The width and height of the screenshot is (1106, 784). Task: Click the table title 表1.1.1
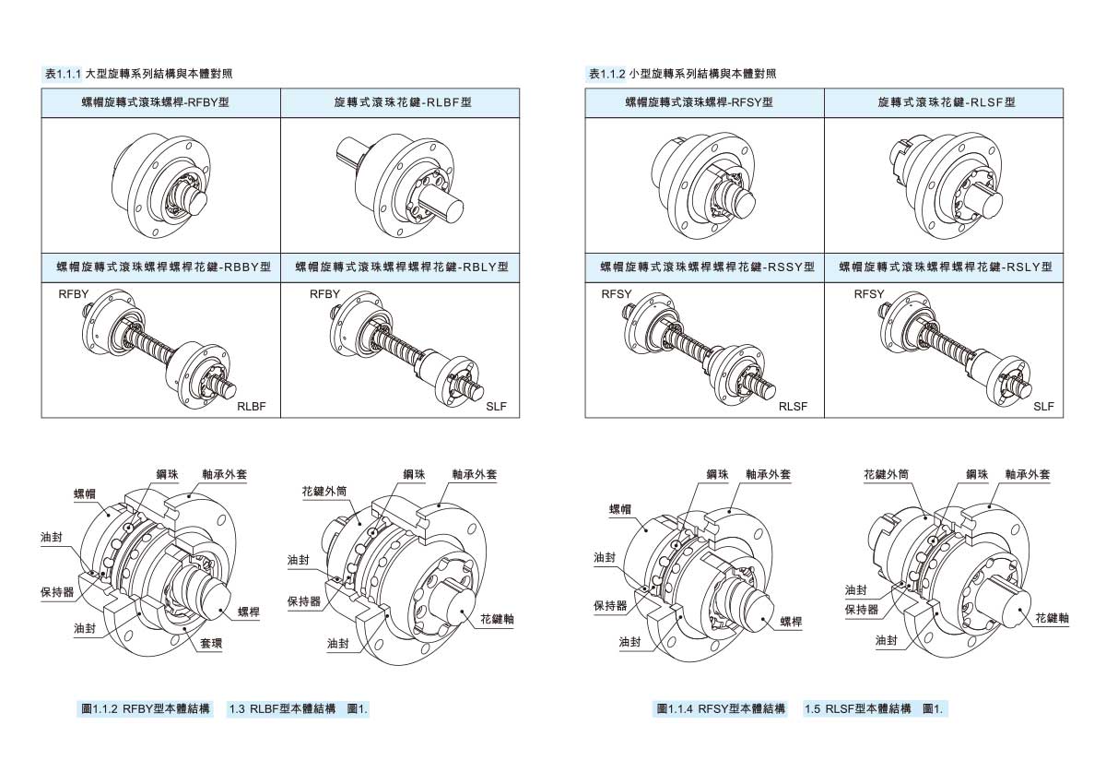tap(63, 74)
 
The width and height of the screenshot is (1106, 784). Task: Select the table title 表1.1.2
tap(606, 74)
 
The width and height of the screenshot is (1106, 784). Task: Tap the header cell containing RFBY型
tap(161, 102)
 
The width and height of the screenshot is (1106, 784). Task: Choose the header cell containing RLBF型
tap(400, 102)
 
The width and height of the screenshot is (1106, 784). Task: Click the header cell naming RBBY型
tap(161, 267)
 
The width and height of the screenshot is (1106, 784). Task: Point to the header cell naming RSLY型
tap(944, 267)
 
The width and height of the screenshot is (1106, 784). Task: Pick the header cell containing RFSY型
tap(704, 102)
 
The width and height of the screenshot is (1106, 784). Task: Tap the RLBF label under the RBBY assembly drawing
tap(252, 407)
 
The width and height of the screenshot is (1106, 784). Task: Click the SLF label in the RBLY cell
tap(496, 407)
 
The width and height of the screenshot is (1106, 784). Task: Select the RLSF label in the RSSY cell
tap(793, 407)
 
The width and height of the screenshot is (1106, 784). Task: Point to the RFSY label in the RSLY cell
tap(869, 294)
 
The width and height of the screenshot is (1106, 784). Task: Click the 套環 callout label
tap(211, 643)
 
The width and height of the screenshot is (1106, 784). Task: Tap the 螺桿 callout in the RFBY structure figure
tap(248, 612)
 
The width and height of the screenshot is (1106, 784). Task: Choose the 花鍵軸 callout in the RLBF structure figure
tap(497, 619)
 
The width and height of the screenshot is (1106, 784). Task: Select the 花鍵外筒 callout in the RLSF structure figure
tap(886, 475)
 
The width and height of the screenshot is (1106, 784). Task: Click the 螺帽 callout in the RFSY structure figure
tap(620, 509)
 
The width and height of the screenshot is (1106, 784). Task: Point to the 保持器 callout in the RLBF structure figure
tap(304, 601)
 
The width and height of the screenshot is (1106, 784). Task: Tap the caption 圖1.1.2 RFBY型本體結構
tap(146, 709)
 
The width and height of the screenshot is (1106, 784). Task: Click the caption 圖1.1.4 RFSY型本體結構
tap(721, 709)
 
